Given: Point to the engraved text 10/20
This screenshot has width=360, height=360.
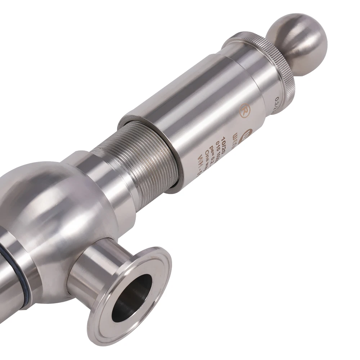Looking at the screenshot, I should point(220,140).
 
